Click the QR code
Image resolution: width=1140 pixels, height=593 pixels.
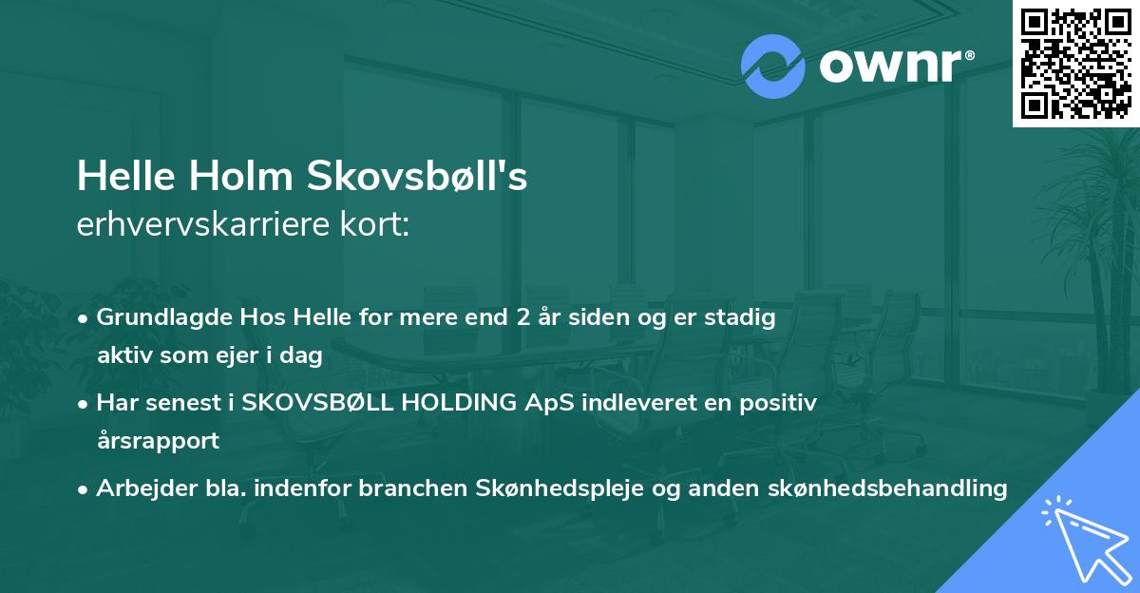tap(1075, 63)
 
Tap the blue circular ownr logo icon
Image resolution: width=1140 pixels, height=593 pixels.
tap(773, 67)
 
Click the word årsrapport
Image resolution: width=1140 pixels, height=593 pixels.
tap(158, 441)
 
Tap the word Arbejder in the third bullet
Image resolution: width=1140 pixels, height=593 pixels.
tap(140, 488)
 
